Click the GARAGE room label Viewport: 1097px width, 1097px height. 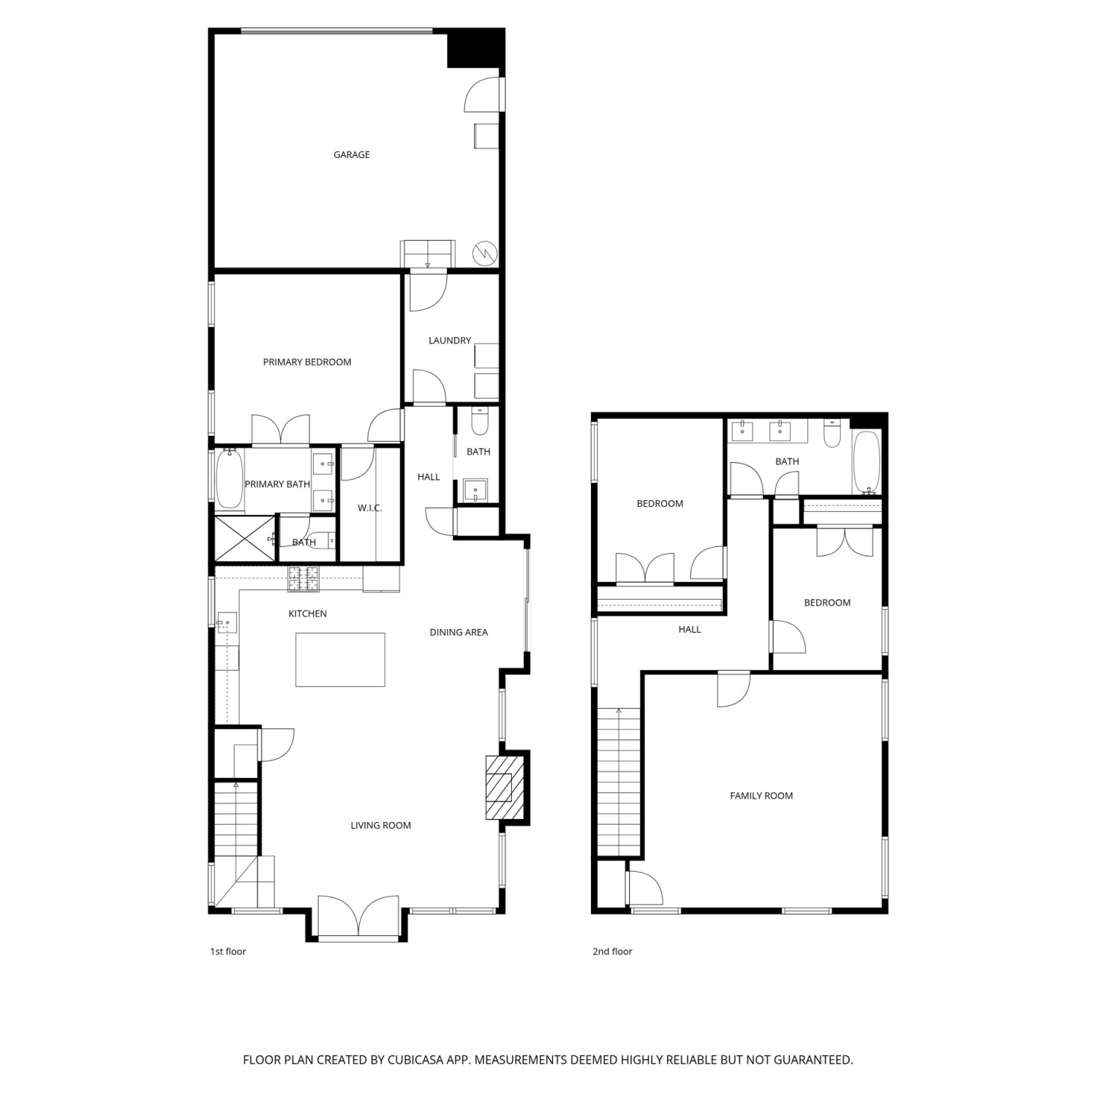point(351,154)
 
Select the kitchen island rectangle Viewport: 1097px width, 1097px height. point(340,660)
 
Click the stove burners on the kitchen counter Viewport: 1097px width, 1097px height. point(304,578)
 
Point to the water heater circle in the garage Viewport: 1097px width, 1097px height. point(485,253)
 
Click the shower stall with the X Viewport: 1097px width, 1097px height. point(244,540)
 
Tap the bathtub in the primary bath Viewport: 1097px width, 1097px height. point(229,480)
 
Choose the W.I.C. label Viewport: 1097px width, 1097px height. point(370,508)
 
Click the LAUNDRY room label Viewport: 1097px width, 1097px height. point(450,340)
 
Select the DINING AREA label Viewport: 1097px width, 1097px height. point(459,632)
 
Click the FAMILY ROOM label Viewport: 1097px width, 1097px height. point(761,796)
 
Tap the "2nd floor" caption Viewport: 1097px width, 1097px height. point(612,951)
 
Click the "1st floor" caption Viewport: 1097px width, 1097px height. point(228,951)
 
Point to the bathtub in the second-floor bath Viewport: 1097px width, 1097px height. point(867,463)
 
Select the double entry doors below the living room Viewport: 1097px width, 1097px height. point(359,916)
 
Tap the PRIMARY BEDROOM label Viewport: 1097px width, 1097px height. point(307,362)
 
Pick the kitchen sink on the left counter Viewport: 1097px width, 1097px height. point(225,623)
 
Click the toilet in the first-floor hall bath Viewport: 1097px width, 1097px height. point(479,422)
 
